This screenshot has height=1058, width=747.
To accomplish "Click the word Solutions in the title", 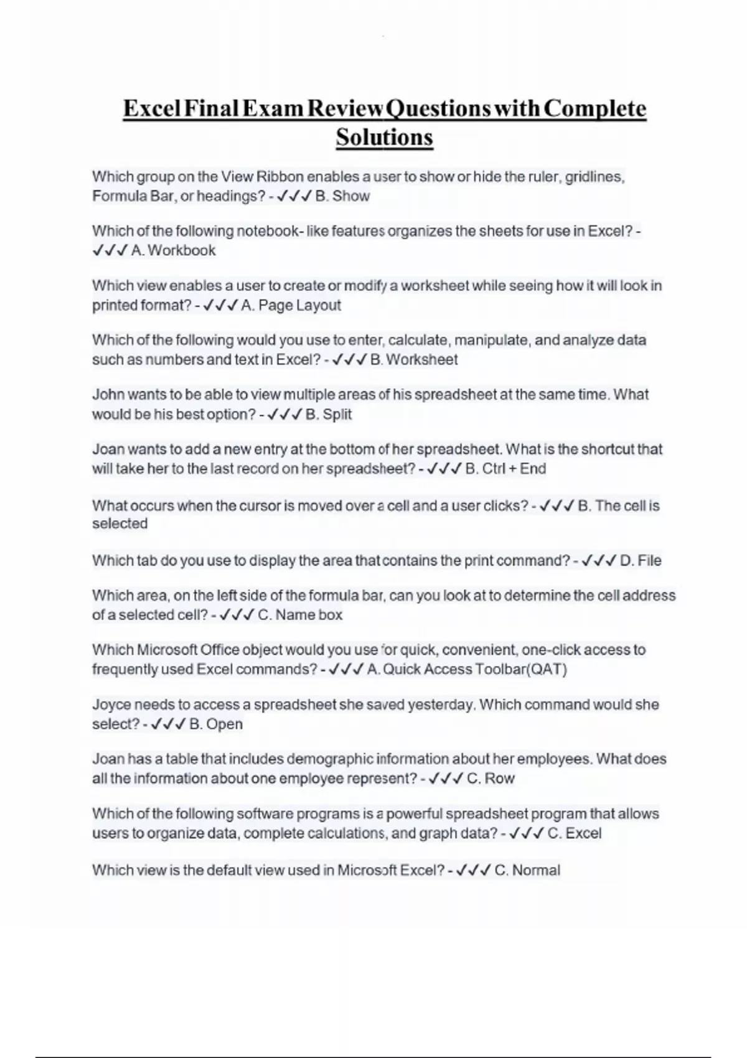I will pos(384,137).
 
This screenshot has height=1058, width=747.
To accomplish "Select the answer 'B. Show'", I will pos(342,196).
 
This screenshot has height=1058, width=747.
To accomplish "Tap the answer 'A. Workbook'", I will pos(173,251).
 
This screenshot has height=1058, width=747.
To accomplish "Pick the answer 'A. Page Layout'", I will pos(291,306).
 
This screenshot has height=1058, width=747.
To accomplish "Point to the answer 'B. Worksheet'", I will pos(414,360).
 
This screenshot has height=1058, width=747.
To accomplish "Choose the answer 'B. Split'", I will pos(329,414).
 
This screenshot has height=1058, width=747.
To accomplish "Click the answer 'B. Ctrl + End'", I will pos(505,469).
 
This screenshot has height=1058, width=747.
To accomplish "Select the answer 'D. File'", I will pos(641,561).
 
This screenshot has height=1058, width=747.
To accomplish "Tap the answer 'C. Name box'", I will pos(300,615).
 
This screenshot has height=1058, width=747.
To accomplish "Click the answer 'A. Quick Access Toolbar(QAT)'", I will pos(467,670).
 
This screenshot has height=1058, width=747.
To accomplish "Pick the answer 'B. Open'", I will pos(215,724).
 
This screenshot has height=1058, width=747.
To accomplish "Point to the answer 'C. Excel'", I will pos(574,833).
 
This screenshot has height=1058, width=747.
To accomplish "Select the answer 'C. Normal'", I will pos(527,870).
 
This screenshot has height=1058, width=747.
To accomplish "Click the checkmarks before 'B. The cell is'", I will pos(557,506).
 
